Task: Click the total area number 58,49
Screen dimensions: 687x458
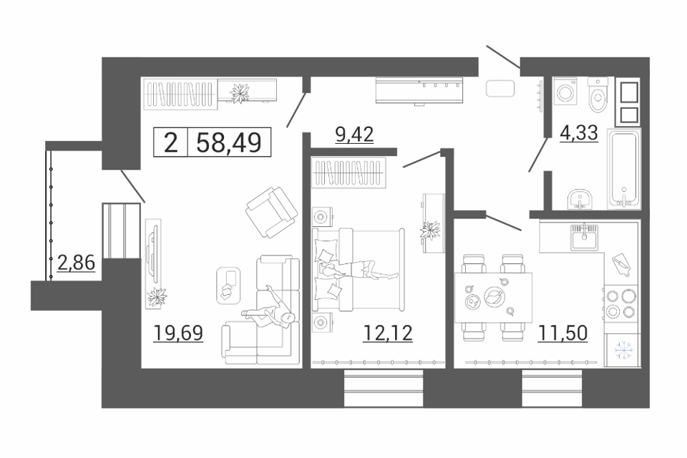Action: [229, 142]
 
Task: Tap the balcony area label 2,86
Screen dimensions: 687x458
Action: [77, 263]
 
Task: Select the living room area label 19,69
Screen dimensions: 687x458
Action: [178, 333]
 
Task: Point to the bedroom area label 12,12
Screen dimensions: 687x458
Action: [388, 333]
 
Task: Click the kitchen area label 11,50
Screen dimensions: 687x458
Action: [562, 333]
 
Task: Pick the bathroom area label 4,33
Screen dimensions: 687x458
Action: [579, 132]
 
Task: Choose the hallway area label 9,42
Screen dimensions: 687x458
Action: [354, 134]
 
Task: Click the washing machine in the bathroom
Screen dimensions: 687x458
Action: [565, 91]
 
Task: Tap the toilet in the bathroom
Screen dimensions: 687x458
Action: [598, 94]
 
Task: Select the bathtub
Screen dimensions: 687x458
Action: [624, 169]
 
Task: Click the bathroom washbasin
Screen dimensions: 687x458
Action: [580, 200]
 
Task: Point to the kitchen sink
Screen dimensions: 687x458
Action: [584, 237]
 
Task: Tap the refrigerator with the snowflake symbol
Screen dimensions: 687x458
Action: [622, 350]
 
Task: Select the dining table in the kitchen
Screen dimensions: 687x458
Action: [493, 297]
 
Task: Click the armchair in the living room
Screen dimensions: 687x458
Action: [271, 212]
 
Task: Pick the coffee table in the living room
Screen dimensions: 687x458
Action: [229, 286]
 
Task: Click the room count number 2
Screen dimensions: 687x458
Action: [171, 142]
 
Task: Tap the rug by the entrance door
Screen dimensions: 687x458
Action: [500, 88]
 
